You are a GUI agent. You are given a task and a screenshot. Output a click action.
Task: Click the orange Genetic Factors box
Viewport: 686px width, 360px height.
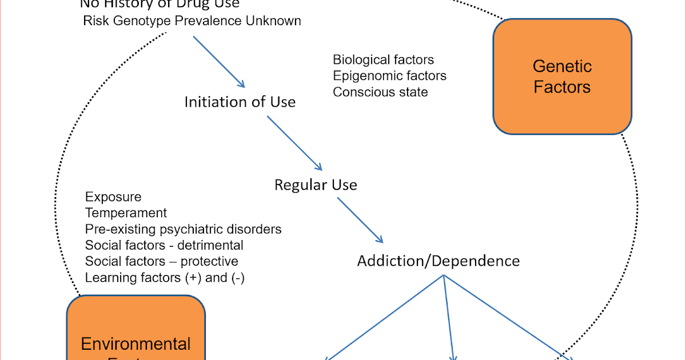pos(562,77)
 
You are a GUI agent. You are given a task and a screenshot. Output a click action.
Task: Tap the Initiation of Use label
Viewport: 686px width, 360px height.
pos(240,102)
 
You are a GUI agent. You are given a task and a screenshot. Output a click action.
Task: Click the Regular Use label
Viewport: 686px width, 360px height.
pos(316,185)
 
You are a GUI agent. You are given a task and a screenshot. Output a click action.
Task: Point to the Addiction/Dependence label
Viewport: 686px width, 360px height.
pos(438,261)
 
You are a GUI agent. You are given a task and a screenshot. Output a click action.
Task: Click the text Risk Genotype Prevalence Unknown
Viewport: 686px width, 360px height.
pos(192,21)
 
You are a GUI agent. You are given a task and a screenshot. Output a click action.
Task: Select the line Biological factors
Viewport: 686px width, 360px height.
pos(383,60)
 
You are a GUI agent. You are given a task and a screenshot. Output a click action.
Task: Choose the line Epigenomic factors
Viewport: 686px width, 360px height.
pos(389,75)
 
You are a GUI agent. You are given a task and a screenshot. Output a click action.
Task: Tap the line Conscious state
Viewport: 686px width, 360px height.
pos(380,91)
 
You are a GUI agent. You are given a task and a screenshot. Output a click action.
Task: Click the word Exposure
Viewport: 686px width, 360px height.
pos(113,197)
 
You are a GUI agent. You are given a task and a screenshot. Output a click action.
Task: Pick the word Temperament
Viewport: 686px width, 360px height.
pos(126,213)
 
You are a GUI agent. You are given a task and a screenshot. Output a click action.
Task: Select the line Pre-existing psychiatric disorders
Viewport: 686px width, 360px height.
pos(183,229)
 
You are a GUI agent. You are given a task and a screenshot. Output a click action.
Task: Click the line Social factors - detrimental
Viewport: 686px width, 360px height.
pos(164,245)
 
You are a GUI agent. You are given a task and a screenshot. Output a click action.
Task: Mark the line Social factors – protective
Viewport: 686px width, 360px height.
pos(162,261)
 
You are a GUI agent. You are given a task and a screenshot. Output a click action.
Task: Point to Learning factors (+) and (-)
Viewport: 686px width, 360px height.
pos(165,278)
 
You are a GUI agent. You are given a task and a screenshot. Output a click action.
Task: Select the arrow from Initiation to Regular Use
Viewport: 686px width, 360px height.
pos(294,143)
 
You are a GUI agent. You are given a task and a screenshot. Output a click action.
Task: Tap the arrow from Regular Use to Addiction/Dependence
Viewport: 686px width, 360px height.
pos(360,220)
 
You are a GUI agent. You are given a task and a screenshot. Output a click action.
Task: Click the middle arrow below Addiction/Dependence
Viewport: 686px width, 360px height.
pos(449,317)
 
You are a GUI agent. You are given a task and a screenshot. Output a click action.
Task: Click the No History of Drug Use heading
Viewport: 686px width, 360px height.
pos(159,5)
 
